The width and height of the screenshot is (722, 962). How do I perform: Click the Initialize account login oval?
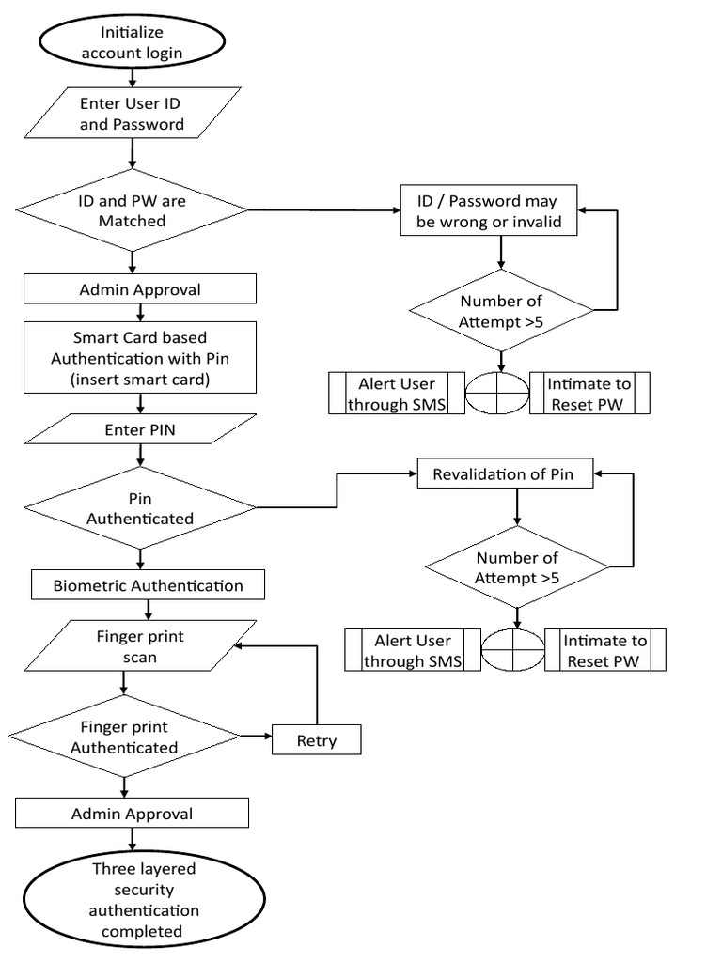[x=132, y=43]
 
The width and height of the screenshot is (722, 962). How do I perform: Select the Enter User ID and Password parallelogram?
[x=132, y=114]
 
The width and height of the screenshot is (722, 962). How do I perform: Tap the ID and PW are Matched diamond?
[x=133, y=210]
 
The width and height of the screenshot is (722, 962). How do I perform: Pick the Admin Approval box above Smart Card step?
[x=139, y=289]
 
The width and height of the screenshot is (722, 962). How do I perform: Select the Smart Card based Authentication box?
[x=139, y=357]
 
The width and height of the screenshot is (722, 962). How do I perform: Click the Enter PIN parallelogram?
[x=139, y=428]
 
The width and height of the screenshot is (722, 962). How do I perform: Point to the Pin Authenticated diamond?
[x=139, y=508]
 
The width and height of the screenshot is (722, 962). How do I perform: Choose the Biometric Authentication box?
[x=147, y=585]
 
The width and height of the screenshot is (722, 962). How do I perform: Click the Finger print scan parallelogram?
[x=139, y=646]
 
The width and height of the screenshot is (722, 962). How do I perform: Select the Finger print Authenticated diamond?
[x=125, y=737]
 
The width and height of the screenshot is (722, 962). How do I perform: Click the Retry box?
[x=316, y=740]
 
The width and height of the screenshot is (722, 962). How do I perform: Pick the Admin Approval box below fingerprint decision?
[x=132, y=813]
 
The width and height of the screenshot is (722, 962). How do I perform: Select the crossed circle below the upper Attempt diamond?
[x=498, y=394]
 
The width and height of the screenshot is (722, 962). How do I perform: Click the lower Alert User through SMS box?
[x=413, y=650]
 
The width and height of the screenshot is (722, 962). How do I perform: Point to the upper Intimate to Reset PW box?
[x=590, y=394]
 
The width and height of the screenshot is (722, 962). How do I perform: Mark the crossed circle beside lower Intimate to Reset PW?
[x=513, y=650]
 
